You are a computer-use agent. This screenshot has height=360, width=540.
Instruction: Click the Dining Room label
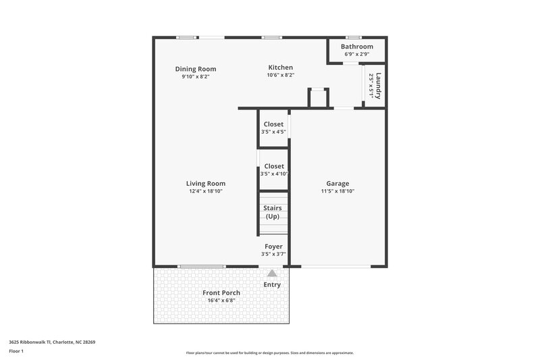tap(195, 69)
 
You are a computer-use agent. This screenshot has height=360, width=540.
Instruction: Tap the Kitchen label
tap(280, 68)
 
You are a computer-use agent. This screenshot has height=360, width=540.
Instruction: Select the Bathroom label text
tap(356, 47)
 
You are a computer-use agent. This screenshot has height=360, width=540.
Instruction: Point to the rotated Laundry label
tap(379, 86)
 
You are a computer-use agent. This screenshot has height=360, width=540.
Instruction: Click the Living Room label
tap(206, 183)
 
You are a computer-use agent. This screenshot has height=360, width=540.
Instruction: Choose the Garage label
tap(337, 183)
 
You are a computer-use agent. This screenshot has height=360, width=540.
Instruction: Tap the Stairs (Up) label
tap(273, 212)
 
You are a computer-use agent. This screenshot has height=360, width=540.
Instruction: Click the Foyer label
tap(273, 247)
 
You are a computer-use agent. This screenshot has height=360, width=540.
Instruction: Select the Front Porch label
tap(221, 292)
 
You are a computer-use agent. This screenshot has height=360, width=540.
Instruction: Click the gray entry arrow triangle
tap(272, 274)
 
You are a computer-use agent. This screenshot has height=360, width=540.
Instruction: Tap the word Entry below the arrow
tap(272, 284)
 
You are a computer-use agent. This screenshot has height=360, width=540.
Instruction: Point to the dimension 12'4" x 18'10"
tap(206, 191)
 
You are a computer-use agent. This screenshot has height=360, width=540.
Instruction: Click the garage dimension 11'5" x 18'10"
tap(337, 191)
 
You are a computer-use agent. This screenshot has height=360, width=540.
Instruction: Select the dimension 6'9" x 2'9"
tap(356, 54)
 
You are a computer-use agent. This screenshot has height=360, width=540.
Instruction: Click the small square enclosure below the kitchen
tap(318, 98)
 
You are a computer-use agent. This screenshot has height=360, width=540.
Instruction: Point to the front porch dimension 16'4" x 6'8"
tap(221, 301)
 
